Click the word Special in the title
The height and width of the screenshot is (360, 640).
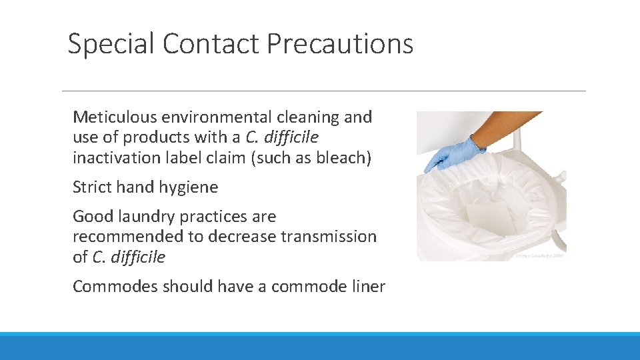(111, 44)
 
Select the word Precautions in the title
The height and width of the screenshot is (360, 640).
(340, 44)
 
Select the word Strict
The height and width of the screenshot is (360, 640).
(92, 187)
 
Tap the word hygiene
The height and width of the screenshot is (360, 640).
(189, 187)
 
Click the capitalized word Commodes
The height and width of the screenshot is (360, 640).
(111, 287)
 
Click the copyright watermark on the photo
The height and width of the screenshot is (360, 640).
(539, 255)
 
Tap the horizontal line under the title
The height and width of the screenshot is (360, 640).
(323, 91)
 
